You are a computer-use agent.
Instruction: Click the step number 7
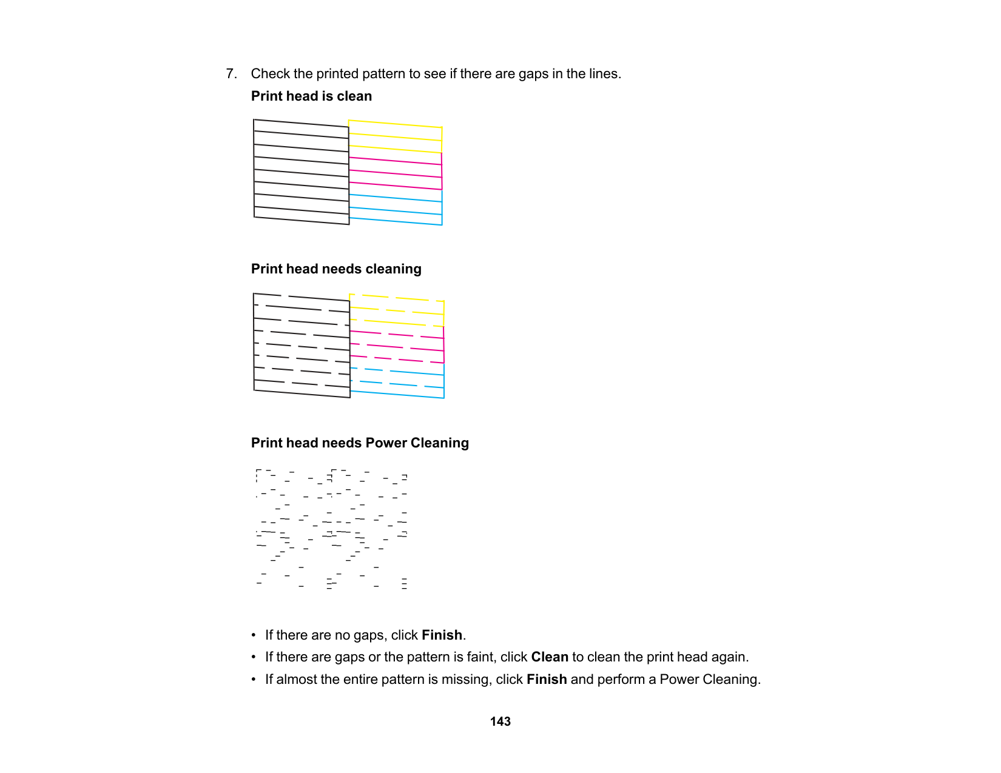[231, 74]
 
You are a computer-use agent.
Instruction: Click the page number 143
[500, 721]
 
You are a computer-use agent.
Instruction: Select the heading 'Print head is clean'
[311, 96]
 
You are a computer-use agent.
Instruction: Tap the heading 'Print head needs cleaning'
[336, 269]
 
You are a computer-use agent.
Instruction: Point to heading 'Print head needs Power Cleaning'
[360, 443]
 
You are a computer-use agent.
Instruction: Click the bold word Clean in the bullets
[550, 657]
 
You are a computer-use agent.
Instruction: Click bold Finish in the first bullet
[442, 635]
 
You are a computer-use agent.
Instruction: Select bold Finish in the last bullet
[547, 680]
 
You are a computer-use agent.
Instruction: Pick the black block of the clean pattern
[302, 172]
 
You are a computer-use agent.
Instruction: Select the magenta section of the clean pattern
[396, 174]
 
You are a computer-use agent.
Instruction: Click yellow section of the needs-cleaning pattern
[397, 311]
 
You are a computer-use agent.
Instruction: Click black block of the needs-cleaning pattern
[302, 346]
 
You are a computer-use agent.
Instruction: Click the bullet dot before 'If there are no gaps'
[254, 635]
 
